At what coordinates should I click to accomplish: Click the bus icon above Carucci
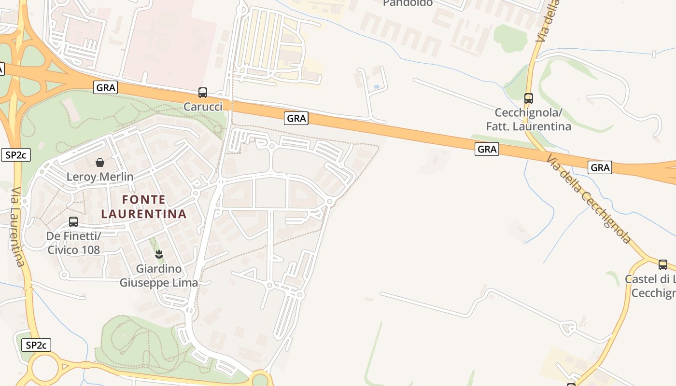pyautogui.click(x=203, y=92)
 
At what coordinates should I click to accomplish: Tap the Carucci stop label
pyautogui.click(x=203, y=107)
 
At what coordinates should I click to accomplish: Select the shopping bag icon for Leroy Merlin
pyautogui.click(x=100, y=163)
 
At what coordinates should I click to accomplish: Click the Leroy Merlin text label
pyautogui.click(x=100, y=177)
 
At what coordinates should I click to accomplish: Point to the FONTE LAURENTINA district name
pyautogui.click(x=143, y=207)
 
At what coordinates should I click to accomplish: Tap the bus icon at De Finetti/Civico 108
pyautogui.click(x=73, y=222)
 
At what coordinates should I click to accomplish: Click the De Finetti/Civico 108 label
pyautogui.click(x=73, y=243)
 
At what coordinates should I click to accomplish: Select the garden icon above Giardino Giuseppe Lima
pyautogui.click(x=159, y=254)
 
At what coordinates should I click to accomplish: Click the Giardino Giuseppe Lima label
pyautogui.click(x=159, y=276)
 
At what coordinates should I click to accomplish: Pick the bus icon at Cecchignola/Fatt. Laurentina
pyautogui.click(x=529, y=98)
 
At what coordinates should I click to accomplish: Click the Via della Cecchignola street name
pyautogui.click(x=589, y=199)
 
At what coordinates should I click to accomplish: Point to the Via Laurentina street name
pyautogui.click(x=17, y=227)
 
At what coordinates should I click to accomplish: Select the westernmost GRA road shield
pyautogui.click(x=106, y=87)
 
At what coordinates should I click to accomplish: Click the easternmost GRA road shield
pyautogui.click(x=600, y=167)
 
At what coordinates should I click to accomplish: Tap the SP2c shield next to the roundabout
pyautogui.click(x=37, y=345)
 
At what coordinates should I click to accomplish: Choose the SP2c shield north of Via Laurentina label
pyautogui.click(x=16, y=155)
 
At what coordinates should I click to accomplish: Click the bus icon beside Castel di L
pyautogui.click(x=663, y=264)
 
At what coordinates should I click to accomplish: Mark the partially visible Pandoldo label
pyautogui.click(x=408, y=3)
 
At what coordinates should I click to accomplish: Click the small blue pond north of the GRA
pyautogui.click(x=376, y=87)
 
